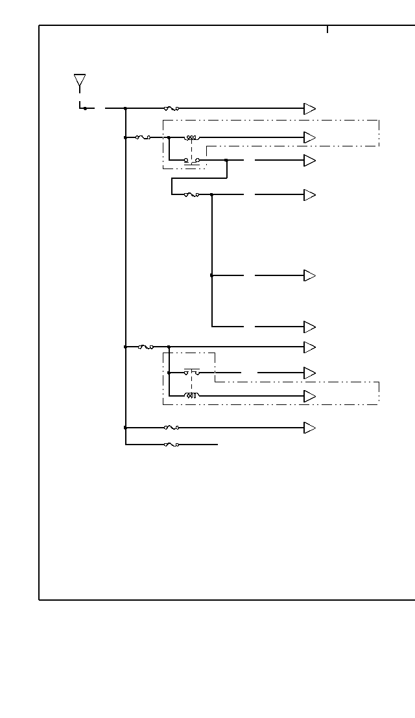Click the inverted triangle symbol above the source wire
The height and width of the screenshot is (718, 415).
(80, 81)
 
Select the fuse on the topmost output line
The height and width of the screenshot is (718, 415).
(172, 109)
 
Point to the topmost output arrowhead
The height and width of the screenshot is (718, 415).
(310, 109)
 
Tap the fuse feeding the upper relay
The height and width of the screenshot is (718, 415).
(143, 137)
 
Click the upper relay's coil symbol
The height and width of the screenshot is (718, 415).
(193, 137)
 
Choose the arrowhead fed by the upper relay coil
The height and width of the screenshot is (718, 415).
(310, 137)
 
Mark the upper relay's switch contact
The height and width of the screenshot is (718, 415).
(191, 160)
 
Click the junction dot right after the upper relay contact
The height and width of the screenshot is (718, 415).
(226, 160)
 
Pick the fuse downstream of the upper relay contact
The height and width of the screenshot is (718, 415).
(191, 194)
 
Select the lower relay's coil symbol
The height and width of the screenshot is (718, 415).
(193, 396)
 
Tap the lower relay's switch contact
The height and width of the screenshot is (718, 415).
(191, 373)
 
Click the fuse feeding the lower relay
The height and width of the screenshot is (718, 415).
(146, 347)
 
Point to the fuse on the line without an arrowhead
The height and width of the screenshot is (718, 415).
(172, 445)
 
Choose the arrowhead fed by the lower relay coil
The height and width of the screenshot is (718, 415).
(310, 396)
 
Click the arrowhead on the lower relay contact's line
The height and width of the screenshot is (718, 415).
(310, 373)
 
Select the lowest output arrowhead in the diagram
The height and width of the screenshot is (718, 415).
(310, 428)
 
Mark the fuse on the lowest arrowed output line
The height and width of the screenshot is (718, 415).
(172, 428)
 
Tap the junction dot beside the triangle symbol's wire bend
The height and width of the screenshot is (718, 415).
(85, 108)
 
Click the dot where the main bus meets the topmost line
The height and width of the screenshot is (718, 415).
(125, 109)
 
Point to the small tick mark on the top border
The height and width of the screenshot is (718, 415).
(327, 29)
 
